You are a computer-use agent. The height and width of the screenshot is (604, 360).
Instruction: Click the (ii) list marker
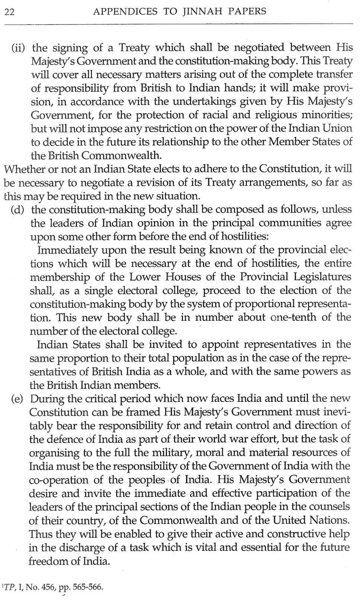click(18, 48)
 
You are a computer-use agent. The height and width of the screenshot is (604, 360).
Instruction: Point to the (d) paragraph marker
click(17, 209)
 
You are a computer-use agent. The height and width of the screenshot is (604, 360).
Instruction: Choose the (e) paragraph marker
click(17, 399)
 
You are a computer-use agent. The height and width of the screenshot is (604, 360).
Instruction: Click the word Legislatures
click(320, 277)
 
